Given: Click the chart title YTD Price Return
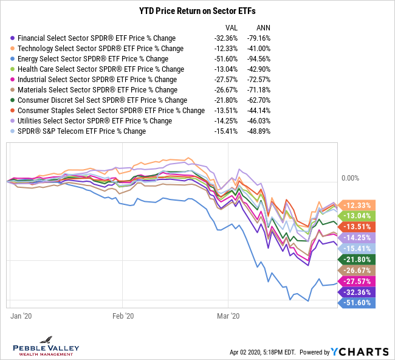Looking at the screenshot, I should coord(197,10).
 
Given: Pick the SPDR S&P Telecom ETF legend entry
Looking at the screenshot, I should coord(81,131).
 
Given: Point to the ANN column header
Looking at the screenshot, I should coord(264,27).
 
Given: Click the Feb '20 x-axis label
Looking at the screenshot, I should coord(123,316).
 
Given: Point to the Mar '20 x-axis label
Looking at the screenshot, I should coord(228,316).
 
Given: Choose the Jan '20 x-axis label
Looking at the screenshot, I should coord(21,316).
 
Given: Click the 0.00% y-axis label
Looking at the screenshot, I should coord(351,178).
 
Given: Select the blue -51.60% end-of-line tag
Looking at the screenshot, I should coord(358,303).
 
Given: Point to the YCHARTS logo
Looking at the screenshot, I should coord(360,351).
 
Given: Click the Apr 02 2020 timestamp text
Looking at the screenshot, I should coord(263,352).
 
